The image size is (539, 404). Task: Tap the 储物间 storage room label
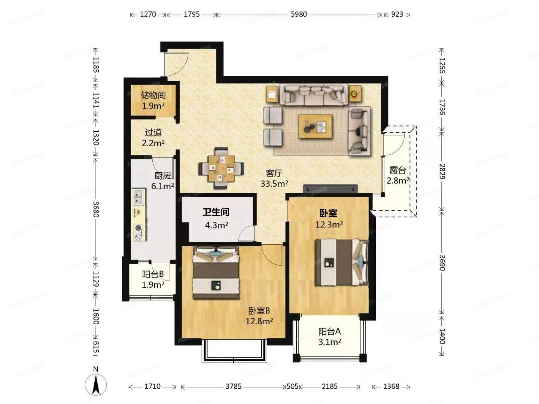coord(153,96)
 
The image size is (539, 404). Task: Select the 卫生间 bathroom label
coord(216,212)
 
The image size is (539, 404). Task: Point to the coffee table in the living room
coord(315,126)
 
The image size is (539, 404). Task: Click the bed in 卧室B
coord(216,273)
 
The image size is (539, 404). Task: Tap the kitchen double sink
coord(138,197)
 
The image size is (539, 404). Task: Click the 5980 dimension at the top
coord(299,15)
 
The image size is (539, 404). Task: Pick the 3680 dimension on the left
coord(96,209)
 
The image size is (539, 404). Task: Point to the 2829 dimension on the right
coord(442,171)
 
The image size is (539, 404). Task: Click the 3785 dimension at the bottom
coord(233,386)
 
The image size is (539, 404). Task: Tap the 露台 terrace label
coord(398,170)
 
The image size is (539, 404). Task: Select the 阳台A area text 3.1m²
coord(329,342)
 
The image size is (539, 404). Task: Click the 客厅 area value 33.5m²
coord(274,184)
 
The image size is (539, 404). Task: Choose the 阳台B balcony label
coord(153,274)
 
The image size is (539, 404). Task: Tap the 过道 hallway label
coord(153,132)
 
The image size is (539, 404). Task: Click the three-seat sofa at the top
coord(314,94)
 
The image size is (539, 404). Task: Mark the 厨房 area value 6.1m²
coord(162,186)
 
